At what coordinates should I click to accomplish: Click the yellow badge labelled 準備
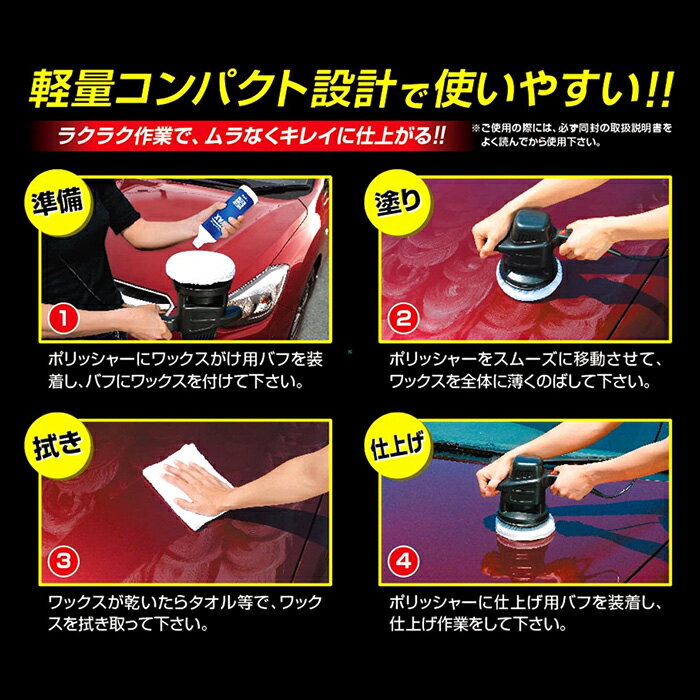[x=58, y=203]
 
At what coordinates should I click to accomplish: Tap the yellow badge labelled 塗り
[x=398, y=203]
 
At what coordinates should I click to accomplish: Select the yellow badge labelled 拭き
[x=58, y=446]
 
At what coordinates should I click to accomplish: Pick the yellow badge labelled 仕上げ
[x=398, y=446]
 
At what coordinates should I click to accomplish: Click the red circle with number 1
[x=63, y=318]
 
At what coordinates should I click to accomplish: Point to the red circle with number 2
[x=404, y=318]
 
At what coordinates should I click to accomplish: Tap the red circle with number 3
[x=63, y=561]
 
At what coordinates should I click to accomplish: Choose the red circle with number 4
[x=404, y=561]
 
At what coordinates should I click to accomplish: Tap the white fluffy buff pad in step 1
[x=200, y=267]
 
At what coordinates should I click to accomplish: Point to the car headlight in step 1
[x=258, y=290]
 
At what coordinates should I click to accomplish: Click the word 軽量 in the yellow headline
[x=70, y=88]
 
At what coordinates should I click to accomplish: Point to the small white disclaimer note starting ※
[x=571, y=135]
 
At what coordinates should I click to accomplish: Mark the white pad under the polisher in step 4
[x=525, y=530]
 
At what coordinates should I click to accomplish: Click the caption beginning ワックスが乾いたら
[x=185, y=612]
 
